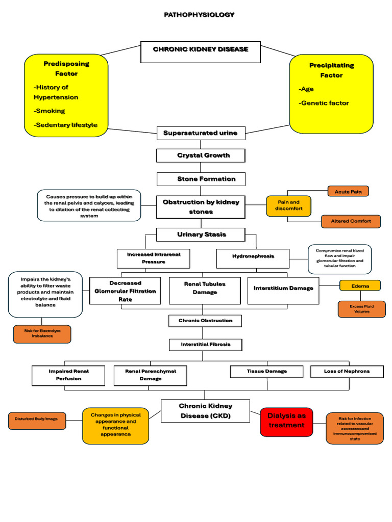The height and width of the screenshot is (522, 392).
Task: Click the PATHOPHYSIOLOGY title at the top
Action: (199, 15)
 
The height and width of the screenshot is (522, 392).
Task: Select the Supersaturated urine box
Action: (201, 133)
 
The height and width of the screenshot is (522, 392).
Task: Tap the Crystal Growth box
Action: (201, 155)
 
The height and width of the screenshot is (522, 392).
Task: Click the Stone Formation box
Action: (201, 179)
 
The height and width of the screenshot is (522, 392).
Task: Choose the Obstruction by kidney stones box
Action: (201, 206)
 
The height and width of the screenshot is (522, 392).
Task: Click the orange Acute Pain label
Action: (348, 192)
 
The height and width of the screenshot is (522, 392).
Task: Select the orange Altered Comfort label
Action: (351, 221)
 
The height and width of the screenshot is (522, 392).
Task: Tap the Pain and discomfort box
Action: (288, 205)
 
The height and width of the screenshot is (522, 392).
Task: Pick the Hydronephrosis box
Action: (253, 256)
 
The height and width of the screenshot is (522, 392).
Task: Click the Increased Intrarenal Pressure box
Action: (153, 258)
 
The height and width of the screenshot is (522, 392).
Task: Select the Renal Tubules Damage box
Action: (205, 289)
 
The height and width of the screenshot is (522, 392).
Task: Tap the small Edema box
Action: (360, 286)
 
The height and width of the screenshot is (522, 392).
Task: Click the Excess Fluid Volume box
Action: (361, 309)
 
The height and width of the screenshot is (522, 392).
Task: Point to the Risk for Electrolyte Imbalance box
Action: (42, 333)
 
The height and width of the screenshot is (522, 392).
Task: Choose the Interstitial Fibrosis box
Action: (206, 345)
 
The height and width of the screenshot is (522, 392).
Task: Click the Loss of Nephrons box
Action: (347, 371)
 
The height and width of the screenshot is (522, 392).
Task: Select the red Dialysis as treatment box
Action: (286, 421)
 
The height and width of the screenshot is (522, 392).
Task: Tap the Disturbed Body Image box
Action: (36, 419)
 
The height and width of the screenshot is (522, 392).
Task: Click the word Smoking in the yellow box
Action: (50, 111)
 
